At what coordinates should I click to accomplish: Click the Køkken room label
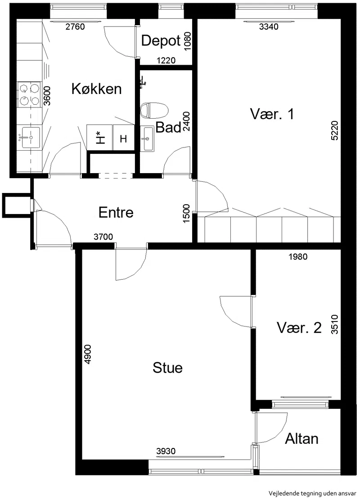[x=97, y=89]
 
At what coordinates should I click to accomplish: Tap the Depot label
[x=161, y=41]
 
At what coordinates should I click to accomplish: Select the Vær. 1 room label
[x=272, y=114]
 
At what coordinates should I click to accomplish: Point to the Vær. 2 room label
[x=299, y=328]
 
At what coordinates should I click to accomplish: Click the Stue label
[x=167, y=368]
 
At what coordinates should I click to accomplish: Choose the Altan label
[x=301, y=438]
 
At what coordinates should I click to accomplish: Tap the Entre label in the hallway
[x=116, y=212]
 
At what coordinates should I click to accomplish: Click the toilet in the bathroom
[x=154, y=110]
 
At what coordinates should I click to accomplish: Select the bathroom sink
[x=148, y=138]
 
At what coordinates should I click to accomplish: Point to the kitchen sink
[x=31, y=137]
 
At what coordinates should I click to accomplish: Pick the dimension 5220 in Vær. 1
[x=334, y=130]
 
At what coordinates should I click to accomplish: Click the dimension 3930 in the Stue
[x=166, y=451]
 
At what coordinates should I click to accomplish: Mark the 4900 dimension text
[x=87, y=354]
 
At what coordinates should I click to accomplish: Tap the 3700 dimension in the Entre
[x=103, y=237]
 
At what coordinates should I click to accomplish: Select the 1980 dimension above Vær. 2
[x=298, y=256]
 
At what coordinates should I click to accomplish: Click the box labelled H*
[x=100, y=137]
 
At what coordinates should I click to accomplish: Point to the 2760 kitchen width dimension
[x=75, y=27]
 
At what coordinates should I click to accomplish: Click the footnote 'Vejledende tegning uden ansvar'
[x=312, y=493]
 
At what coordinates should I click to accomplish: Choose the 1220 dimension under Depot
[x=166, y=60]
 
